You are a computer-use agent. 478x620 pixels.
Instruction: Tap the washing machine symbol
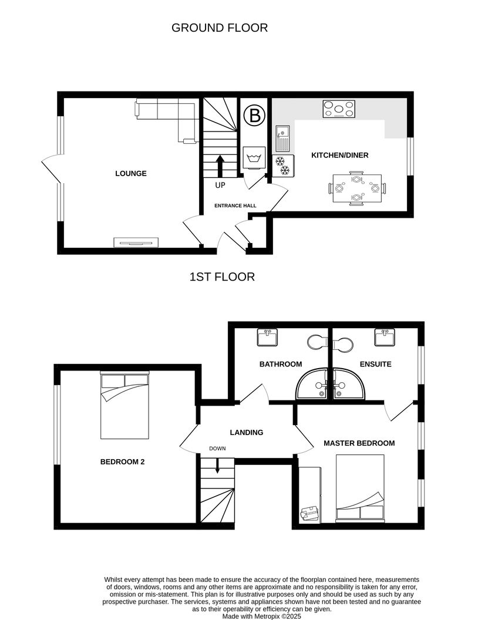254,158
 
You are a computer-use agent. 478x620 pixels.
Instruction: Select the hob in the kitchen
339,109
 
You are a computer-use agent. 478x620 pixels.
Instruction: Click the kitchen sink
283,139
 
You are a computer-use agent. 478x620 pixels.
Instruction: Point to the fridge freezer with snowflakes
283,166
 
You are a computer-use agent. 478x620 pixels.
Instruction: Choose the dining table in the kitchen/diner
358,188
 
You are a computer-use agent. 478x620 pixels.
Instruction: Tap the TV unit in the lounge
136,242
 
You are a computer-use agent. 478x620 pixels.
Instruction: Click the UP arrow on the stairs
220,166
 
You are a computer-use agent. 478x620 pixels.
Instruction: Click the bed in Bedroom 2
125,405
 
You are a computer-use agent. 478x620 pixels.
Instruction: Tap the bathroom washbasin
267,337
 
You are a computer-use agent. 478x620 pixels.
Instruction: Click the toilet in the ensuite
342,344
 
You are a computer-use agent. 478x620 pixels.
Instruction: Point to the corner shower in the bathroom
312,383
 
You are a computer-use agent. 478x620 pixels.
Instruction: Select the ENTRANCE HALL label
235,205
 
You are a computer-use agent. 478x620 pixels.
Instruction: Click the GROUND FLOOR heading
220,28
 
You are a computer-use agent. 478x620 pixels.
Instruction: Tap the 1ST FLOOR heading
222,277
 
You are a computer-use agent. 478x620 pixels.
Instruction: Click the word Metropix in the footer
267,616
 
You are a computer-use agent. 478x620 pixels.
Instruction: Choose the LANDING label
246,433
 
